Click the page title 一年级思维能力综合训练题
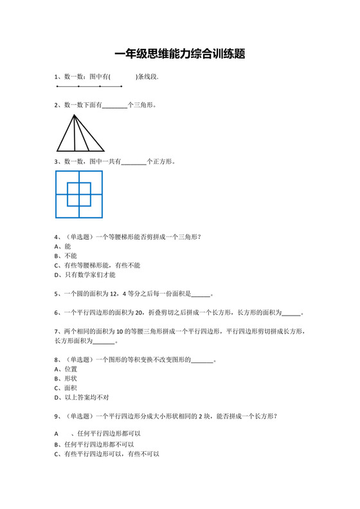pyautogui.click(x=180, y=55)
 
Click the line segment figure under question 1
pyautogui.click(x=89, y=86)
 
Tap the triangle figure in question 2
pyautogui.click(x=80, y=133)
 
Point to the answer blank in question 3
pyautogui.click(x=134, y=162)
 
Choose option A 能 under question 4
pyautogui.click(x=64, y=246)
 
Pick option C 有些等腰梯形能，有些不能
pyautogui.click(x=98, y=265)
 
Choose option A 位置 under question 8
pyautogui.click(x=66, y=370)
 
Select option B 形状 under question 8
pyautogui.click(x=66, y=379)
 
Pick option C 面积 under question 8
pyautogui.click(x=66, y=389)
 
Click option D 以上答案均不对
pyautogui.click(x=82, y=398)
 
